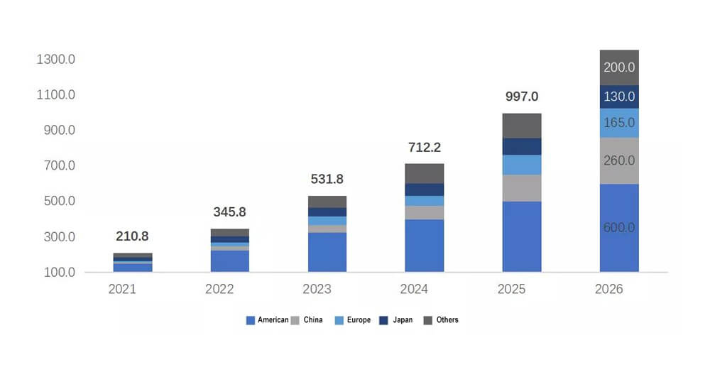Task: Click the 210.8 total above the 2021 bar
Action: pyautogui.click(x=132, y=236)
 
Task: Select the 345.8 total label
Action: pyautogui.click(x=229, y=212)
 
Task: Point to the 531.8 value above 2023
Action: pyautogui.click(x=327, y=179)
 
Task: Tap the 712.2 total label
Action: pyautogui.click(x=425, y=148)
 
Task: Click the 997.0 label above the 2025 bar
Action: pyautogui.click(x=522, y=97)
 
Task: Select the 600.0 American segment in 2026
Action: pyautogui.click(x=619, y=228)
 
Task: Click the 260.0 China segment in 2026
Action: pyautogui.click(x=619, y=160)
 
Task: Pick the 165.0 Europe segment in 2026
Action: pyautogui.click(x=619, y=123)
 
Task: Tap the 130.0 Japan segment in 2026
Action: pyautogui.click(x=619, y=97)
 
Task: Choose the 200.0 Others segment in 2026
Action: pyautogui.click(x=619, y=67)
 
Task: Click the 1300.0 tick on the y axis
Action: pyautogui.click(x=56, y=60)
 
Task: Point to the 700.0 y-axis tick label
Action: pyautogui.click(x=60, y=165)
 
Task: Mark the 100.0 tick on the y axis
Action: pyautogui.click(x=60, y=273)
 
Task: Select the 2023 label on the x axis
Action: pyautogui.click(x=317, y=289)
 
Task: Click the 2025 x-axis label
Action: pyautogui.click(x=511, y=289)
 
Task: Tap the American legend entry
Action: pyautogui.click(x=267, y=320)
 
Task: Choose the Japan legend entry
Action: pyautogui.click(x=396, y=320)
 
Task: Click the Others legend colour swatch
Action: pyautogui.click(x=428, y=320)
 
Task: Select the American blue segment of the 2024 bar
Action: pyautogui.click(x=425, y=246)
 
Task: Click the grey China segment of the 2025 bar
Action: pyautogui.click(x=522, y=188)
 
